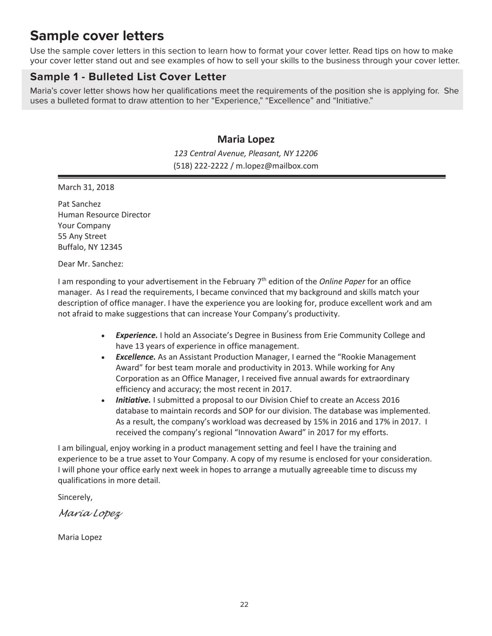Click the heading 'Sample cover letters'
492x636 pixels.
[97, 36]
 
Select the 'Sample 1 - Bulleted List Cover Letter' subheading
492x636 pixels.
[128, 77]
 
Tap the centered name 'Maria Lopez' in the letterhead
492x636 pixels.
[246, 139]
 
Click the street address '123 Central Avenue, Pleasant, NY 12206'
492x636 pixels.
[246, 153]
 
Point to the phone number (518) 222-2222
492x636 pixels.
[201, 166]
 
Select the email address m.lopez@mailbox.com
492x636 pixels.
[277, 166]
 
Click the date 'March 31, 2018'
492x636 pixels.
[86, 187]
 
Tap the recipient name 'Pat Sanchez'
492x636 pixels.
[79, 204]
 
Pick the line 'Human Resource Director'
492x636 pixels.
[104, 215]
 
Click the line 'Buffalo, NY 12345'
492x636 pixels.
[90, 247]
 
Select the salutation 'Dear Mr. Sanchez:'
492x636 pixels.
[91, 264]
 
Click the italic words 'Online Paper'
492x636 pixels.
[342, 282]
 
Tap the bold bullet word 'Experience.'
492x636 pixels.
[137, 335]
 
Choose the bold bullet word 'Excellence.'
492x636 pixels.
[136, 357]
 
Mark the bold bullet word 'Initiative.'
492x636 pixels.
[133, 400]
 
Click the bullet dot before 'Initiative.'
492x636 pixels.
[103, 401]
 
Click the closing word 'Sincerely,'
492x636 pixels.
[75, 497]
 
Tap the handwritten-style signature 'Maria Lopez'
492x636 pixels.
[91, 514]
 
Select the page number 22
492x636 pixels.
[244, 605]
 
